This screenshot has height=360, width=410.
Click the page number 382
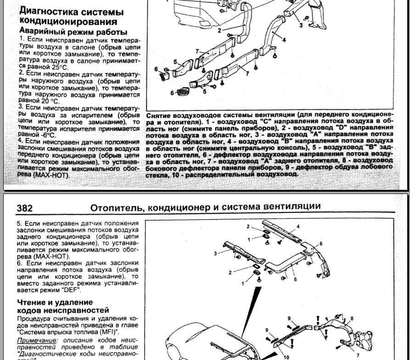tap(25, 208)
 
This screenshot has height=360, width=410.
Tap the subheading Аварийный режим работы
tap(73, 32)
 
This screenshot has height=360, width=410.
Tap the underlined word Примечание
tap(35, 340)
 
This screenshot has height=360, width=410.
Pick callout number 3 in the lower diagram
tap(215, 253)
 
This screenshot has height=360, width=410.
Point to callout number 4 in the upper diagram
tap(284, 39)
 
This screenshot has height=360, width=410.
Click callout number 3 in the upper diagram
tap(301, 25)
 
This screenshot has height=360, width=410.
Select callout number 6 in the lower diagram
tap(321, 243)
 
